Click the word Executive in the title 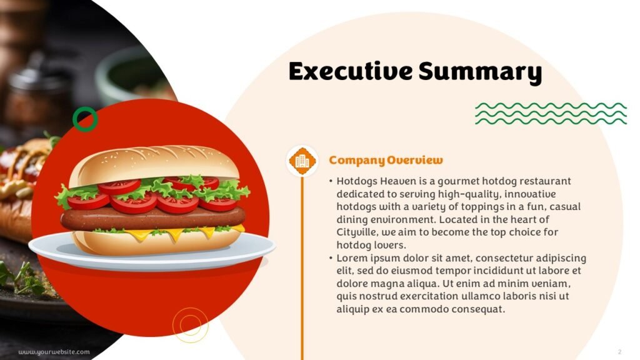pyautogui.click(x=351, y=71)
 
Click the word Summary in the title pyautogui.click(x=481, y=72)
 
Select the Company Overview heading pyautogui.click(x=386, y=160)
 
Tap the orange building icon pyautogui.click(x=302, y=161)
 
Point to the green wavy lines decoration pyautogui.click(x=551, y=114)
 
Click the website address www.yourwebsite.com pyautogui.click(x=54, y=352)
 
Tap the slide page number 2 pyautogui.click(x=619, y=351)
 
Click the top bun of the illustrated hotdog pyautogui.click(x=154, y=163)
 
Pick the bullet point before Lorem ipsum pyautogui.click(x=331, y=258)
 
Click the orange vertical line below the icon pyautogui.click(x=302, y=267)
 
